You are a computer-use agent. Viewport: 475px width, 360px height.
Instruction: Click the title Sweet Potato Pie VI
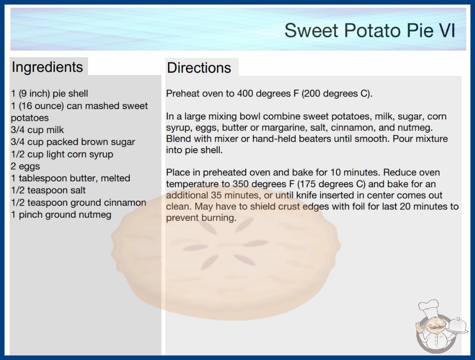point(370,30)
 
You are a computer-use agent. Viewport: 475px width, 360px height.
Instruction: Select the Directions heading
point(199,68)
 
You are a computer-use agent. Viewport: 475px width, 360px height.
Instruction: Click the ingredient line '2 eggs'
point(25,166)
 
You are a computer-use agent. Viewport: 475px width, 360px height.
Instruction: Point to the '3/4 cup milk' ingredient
point(37,130)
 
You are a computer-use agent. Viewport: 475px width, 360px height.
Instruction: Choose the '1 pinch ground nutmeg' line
point(61,215)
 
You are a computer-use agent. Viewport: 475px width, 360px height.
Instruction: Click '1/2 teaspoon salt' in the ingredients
point(48,190)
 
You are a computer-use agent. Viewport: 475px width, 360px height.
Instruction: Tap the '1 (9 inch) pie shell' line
point(49,94)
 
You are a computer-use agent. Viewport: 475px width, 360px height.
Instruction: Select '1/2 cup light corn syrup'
point(62,154)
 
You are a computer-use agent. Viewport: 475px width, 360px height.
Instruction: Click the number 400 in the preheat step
point(245,94)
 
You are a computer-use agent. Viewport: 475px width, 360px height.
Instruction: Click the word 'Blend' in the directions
point(178,139)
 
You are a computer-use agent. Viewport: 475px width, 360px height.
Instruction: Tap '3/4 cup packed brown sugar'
point(73,142)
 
